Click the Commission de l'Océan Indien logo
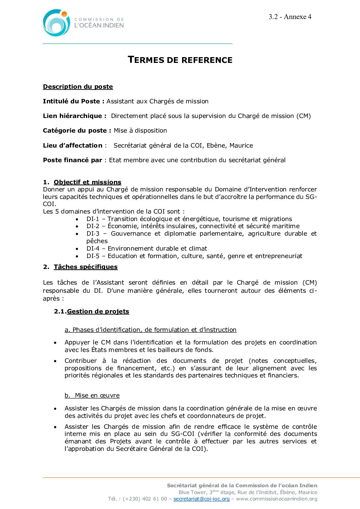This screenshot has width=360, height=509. [x=83, y=23]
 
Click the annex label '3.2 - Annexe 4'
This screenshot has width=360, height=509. [x=290, y=17]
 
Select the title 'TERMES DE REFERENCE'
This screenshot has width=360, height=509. [x=180, y=60]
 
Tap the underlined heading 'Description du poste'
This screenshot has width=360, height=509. [x=78, y=87]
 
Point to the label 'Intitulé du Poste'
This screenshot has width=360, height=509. [x=71, y=101]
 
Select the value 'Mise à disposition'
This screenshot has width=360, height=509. [x=140, y=131]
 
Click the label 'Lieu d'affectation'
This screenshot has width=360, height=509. [x=72, y=146]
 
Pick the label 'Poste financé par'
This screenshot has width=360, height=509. [x=72, y=160]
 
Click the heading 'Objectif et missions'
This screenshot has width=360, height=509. [x=87, y=182]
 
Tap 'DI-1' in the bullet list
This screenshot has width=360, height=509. [x=93, y=219]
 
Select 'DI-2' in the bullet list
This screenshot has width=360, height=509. [x=93, y=226]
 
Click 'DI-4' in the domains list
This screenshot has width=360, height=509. [x=93, y=249]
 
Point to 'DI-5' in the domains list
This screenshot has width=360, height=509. [x=93, y=256]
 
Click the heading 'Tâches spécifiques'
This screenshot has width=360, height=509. [x=85, y=267]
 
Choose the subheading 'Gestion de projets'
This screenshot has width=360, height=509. [x=98, y=311]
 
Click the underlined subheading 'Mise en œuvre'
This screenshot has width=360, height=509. [x=97, y=395]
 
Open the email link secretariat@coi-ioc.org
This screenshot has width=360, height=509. [x=201, y=499]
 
